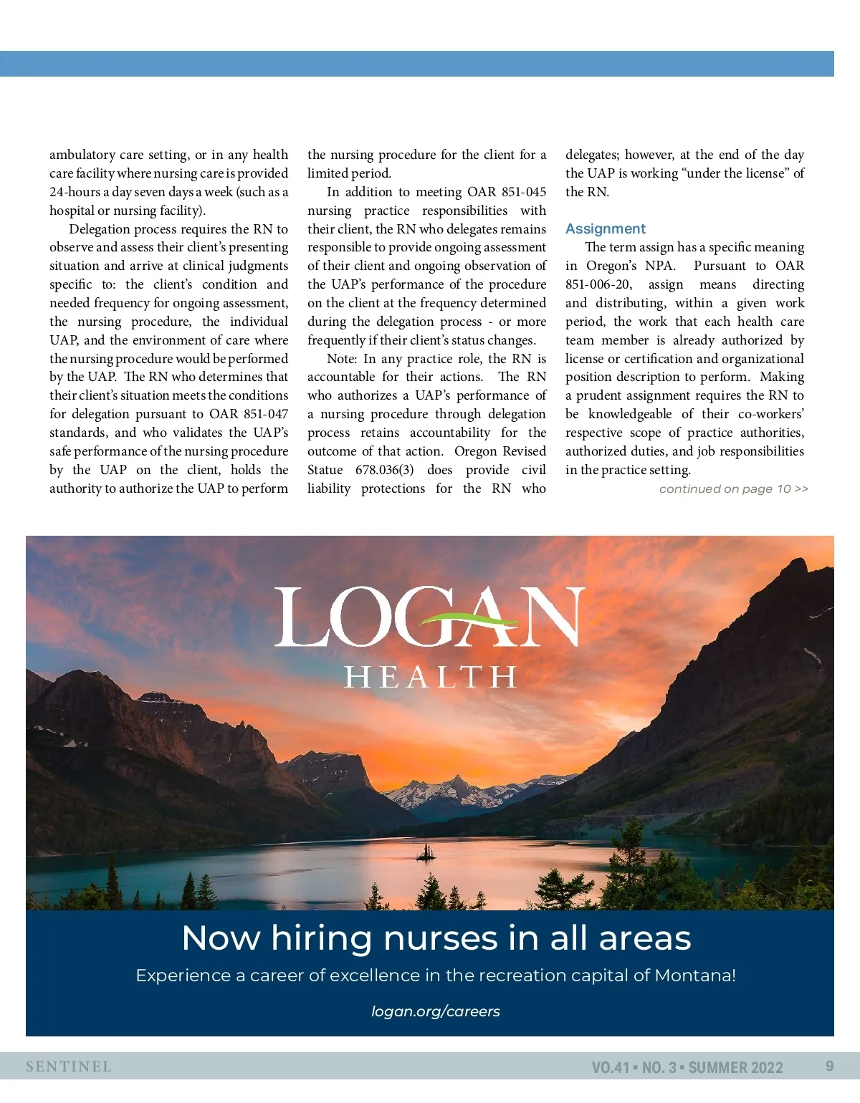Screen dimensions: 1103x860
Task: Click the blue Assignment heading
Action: click(x=606, y=228)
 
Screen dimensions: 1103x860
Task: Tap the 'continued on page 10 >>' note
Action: click(x=733, y=488)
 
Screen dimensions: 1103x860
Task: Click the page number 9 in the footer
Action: click(x=829, y=1066)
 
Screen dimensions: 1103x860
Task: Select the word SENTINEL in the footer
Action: click(x=69, y=1066)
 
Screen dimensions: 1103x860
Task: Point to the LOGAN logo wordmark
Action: click(x=429, y=617)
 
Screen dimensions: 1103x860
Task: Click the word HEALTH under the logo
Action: click(x=430, y=677)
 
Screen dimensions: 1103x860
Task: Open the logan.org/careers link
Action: click(x=436, y=1011)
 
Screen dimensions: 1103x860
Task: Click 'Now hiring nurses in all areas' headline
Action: click(x=436, y=938)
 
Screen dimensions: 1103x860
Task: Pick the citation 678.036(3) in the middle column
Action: click(x=385, y=470)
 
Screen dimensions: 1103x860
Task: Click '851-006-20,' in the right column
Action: click(x=598, y=284)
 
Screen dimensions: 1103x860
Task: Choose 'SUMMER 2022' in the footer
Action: click(x=736, y=1067)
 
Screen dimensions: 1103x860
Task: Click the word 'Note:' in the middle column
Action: click(x=342, y=359)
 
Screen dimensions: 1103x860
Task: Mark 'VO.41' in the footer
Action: click(x=610, y=1067)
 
